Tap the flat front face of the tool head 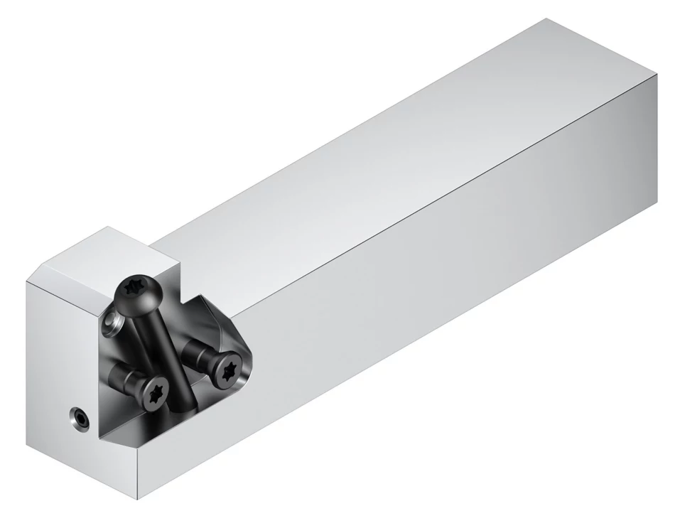point(57,355)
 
